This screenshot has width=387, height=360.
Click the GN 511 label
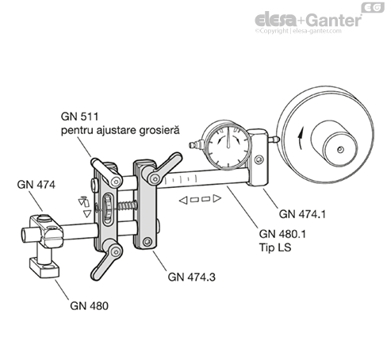tap(79, 117)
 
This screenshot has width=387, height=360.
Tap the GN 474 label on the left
tap(36, 185)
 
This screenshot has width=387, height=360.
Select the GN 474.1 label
tap(302, 214)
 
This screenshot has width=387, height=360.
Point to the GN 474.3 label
tap(192, 277)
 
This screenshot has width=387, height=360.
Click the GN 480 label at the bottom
tap(90, 306)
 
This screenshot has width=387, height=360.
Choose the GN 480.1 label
tap(282, 234)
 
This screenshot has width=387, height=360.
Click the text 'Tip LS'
tap(275, 247)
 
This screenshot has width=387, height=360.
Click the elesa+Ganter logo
tap(308, 21)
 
